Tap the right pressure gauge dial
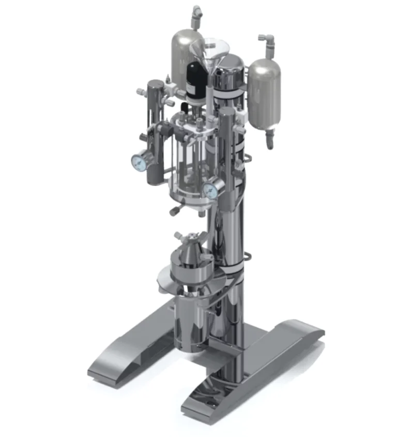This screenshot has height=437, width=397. pos(210,191)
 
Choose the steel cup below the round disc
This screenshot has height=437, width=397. pos(190,316)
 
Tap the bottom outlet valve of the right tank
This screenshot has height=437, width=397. pos(269,139)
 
